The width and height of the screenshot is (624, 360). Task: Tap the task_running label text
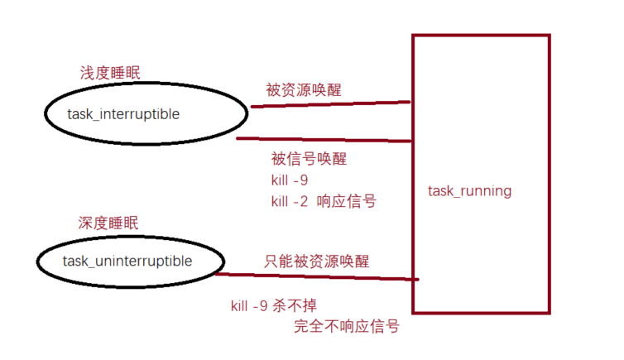[x=469, y=191]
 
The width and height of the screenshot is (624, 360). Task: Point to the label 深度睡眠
[x=108, y=223]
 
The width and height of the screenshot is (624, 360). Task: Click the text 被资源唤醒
[x=303, y=89]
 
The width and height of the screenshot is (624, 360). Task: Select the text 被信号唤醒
[x=309, y=158]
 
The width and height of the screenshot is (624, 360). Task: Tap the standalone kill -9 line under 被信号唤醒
[x=289, y=180]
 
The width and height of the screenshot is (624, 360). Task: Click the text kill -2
[x=289, y=201]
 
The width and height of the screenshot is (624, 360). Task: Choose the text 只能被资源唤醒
[x=316, y=261]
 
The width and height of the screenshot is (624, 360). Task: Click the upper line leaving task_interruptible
[x=331, y=104]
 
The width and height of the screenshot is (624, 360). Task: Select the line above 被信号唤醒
[x=323, y=139]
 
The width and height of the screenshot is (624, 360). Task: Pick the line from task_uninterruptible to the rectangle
[x=319, y=276]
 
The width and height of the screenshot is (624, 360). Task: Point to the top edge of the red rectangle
[x=480, y=36]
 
